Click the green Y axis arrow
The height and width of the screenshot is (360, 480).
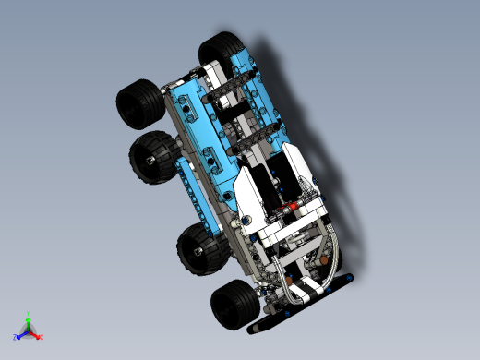tap(29, 320)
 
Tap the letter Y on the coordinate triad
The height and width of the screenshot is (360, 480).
tap(29, 314)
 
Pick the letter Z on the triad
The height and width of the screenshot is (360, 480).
tap(15, 337)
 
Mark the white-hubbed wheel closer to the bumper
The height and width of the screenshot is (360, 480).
tap(199, 247)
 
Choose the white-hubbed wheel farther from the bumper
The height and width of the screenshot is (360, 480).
tap(152, 157)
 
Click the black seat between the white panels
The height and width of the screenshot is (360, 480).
tap(274, 185)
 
